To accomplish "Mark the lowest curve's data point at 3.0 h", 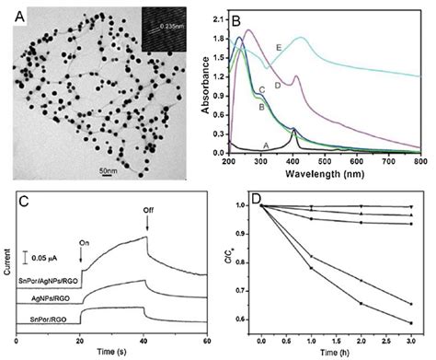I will pyautogui.click(x=409, y=323).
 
